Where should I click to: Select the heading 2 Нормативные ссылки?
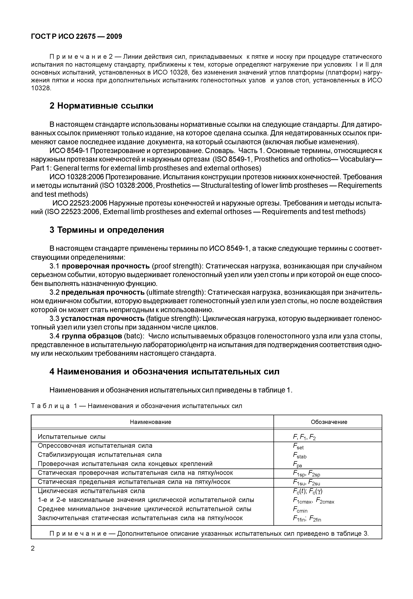point(101,106)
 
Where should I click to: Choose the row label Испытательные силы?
point(71,437)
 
